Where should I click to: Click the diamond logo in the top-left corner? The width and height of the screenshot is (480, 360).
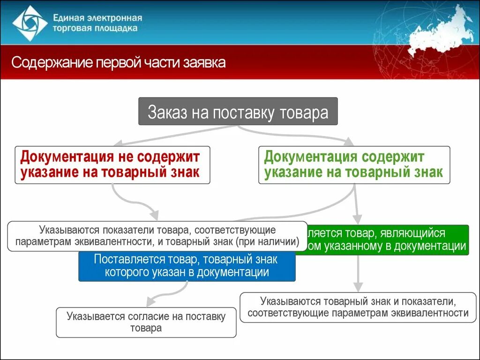click(30, 23)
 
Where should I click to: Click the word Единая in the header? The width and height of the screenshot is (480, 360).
click(69, 18)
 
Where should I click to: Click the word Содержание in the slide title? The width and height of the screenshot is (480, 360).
click(52, 63)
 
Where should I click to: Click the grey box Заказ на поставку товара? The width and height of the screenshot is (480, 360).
click(238, 112)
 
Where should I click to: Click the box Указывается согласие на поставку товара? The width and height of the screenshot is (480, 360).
click(146, 322)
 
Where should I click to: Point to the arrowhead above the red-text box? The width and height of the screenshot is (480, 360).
click(118, 142)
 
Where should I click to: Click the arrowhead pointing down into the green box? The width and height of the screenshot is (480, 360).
click(357, 218)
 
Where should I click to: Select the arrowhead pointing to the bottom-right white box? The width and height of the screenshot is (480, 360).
click(358, 287)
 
